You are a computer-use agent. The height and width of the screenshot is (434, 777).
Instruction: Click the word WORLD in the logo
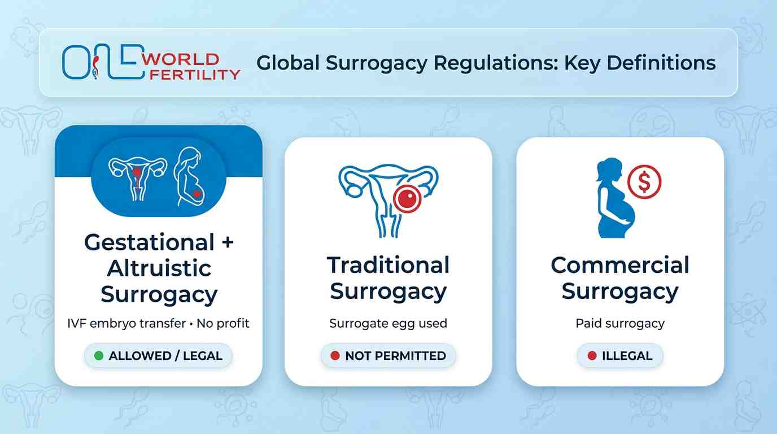(x=181, y=59)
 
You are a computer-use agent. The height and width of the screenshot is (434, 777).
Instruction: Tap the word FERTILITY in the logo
(x=192, y=74)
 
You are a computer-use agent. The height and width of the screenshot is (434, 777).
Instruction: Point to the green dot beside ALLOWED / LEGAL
(x=99, y=356)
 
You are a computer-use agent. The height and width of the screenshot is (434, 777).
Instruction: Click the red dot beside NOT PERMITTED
(x=335, y=356)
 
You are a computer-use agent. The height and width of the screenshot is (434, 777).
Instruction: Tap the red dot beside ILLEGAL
(x=591, y=356)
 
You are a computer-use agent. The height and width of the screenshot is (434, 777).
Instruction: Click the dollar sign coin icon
(x=644, y=181)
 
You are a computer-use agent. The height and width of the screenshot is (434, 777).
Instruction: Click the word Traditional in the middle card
(x=388, y=265)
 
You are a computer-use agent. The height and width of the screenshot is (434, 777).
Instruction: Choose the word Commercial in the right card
(x=620, y=265)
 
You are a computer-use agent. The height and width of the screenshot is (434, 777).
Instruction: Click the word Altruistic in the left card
(x=159, y=268)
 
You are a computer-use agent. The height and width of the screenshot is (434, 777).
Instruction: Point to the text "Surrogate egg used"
(x=388, y=324)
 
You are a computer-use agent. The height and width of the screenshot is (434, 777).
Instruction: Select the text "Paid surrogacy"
(x=620, y=324)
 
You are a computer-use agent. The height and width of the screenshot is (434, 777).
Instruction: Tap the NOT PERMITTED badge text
(x=395, y=356)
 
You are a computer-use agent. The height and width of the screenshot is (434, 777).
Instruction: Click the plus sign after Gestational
(x=228, y=243)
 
